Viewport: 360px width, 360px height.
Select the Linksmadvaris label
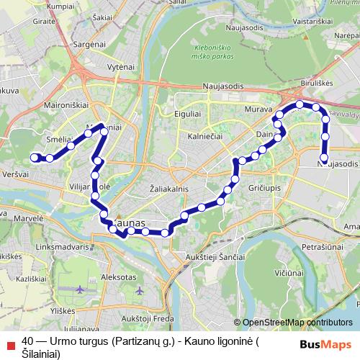[x=61, y=246]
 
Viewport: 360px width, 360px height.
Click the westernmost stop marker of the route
[x=34, y=158]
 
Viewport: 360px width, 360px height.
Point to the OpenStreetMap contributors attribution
[x=297, y=323]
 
